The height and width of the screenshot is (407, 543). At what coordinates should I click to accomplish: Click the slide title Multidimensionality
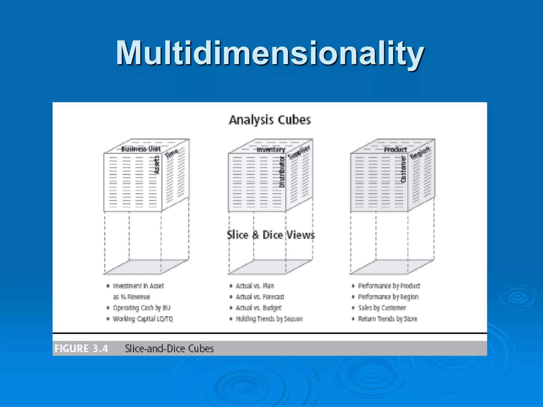click(270, 53)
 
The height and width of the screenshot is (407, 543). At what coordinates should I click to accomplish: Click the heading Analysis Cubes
click(270, 120)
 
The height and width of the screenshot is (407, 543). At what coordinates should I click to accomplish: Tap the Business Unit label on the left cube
click(141, 149)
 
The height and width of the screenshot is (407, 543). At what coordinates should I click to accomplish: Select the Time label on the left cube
click(172, 153)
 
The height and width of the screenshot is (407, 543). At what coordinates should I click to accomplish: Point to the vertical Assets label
click(157, 165)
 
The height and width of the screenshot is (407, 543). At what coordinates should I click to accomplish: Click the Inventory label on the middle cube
click(271, 150)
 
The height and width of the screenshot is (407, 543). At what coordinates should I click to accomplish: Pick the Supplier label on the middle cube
click(299, 152)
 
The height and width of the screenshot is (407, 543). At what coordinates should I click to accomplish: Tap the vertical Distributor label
click(282, 172)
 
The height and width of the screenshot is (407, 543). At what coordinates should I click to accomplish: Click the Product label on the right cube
click(395, 150)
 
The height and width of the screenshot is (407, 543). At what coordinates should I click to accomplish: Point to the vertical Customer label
click(403, 169)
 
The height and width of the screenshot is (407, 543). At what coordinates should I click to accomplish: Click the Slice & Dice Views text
click(271, 235)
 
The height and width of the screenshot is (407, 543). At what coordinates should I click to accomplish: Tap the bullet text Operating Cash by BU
click(142, 308)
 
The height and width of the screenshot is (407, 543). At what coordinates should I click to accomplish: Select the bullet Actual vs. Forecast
click(260, 297)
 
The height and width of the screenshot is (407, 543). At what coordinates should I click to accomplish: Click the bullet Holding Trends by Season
click(269, 318)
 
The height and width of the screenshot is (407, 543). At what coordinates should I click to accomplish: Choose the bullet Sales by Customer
click(382, 308)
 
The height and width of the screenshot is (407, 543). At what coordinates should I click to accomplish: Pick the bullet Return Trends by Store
click(388, 318)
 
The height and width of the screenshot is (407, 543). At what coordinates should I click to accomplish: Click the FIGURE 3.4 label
click(81, 348)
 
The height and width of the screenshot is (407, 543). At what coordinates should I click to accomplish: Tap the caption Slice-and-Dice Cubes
click(169, 348)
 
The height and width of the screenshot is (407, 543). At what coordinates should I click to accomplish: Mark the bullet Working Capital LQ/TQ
click(143, 318)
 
